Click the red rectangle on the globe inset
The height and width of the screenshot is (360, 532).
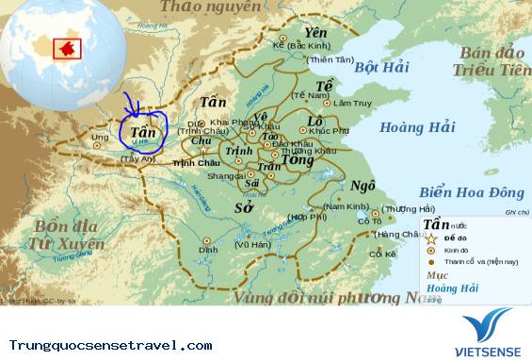pos(68,47)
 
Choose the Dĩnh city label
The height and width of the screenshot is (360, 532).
pos(208,250)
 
